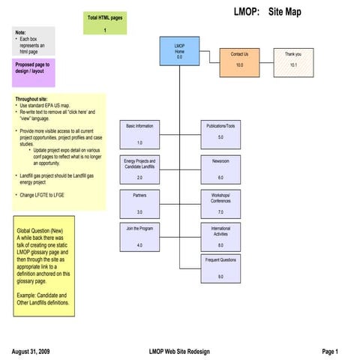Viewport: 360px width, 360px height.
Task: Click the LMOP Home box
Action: [179, 51]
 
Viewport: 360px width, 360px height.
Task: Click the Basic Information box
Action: [139, 134]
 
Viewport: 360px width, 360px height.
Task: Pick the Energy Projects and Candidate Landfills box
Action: [139, 169]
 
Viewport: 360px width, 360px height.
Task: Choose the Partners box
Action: [139, 203]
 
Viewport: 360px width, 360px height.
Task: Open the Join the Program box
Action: [139, 236]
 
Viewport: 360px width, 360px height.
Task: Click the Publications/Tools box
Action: [220, 134]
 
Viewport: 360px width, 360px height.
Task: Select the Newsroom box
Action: [220, 169]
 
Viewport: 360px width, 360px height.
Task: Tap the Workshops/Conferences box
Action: [220, 203]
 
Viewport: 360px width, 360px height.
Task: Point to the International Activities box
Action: [220, 236]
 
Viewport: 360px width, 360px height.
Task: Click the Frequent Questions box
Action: [220, 268]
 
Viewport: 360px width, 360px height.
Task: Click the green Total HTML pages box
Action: [105, 23]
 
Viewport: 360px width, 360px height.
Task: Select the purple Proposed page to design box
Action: [33, 73]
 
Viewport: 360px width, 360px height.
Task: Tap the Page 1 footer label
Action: [330, 351]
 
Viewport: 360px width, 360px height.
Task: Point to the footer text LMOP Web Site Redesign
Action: [180, 351]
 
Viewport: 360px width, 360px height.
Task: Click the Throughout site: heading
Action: [32, 99]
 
